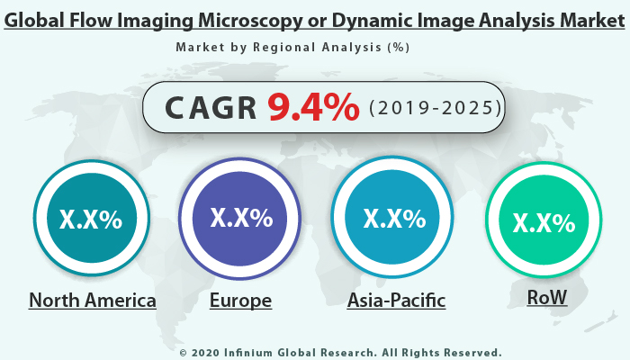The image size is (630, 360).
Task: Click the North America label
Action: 93,300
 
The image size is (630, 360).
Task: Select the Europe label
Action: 240,300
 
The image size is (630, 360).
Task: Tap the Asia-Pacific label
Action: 396,300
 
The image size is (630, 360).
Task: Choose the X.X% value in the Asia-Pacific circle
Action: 394,219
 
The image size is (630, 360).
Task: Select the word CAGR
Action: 210,108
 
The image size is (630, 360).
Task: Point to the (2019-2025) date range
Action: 435,108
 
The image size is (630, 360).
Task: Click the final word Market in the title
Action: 589,19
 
